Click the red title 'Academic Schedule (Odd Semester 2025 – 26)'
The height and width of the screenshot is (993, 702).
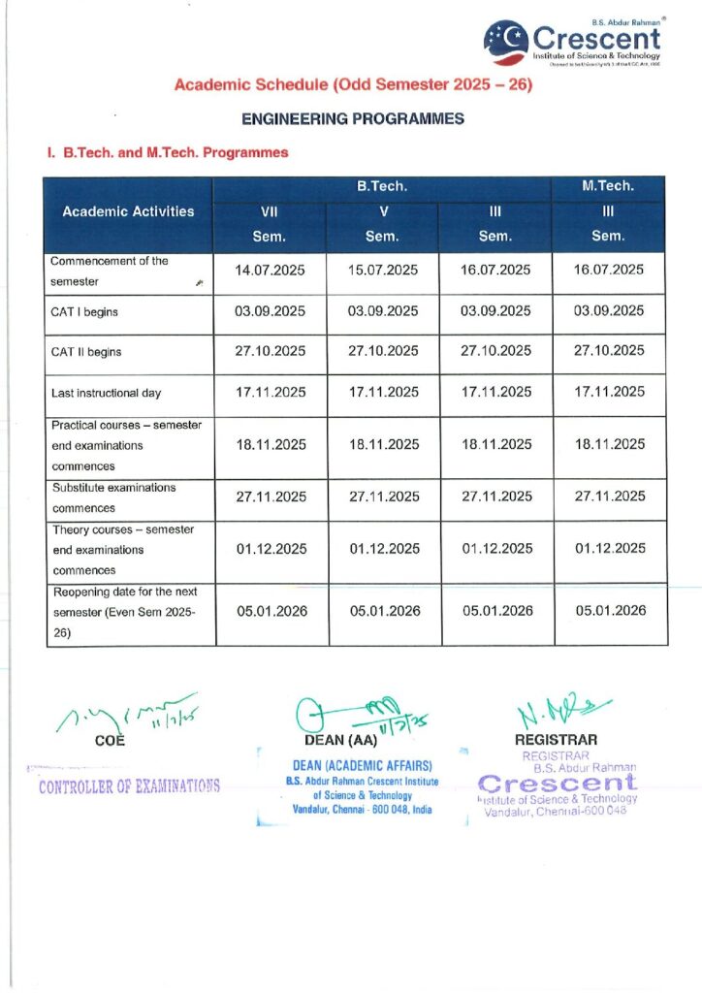pyautogui.click(x=354, y=85)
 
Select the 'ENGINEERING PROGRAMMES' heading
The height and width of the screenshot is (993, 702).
pyautogui.click(x=353, y=119)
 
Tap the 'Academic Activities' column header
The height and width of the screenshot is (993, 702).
pyautogui.click(x=128, y=211)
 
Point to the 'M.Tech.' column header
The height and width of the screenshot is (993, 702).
pyautogui.click(x=608, y=186)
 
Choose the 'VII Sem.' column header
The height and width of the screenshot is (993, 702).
pyautogui.click(x=271, y=224)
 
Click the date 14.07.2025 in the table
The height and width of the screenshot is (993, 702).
pyautogui.click(x=271, y=271)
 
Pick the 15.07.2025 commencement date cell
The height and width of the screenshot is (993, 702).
pyautogui.click(x=383, y=271)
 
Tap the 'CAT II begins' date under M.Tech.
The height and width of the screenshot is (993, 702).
pyautogui.click(x=609, y=351)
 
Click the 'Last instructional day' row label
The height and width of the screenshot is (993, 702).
pyautogui.click(x=106, y=393)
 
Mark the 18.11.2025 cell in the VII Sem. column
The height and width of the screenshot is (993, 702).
pyautogui.click(x=271, y=445)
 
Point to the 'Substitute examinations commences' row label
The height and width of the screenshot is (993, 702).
pyautogui.click(x=113, y=497)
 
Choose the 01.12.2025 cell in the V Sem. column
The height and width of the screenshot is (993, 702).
pyautogui.click(x=384, y=549)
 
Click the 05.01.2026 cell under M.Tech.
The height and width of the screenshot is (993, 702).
pyautogui.click(x=610, y=611)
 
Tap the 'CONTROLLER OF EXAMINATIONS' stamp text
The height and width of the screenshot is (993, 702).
pyautogui.click(x=129, y=785)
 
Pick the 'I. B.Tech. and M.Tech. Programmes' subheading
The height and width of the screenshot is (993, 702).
pyautogui.click(x=167, y=153)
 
